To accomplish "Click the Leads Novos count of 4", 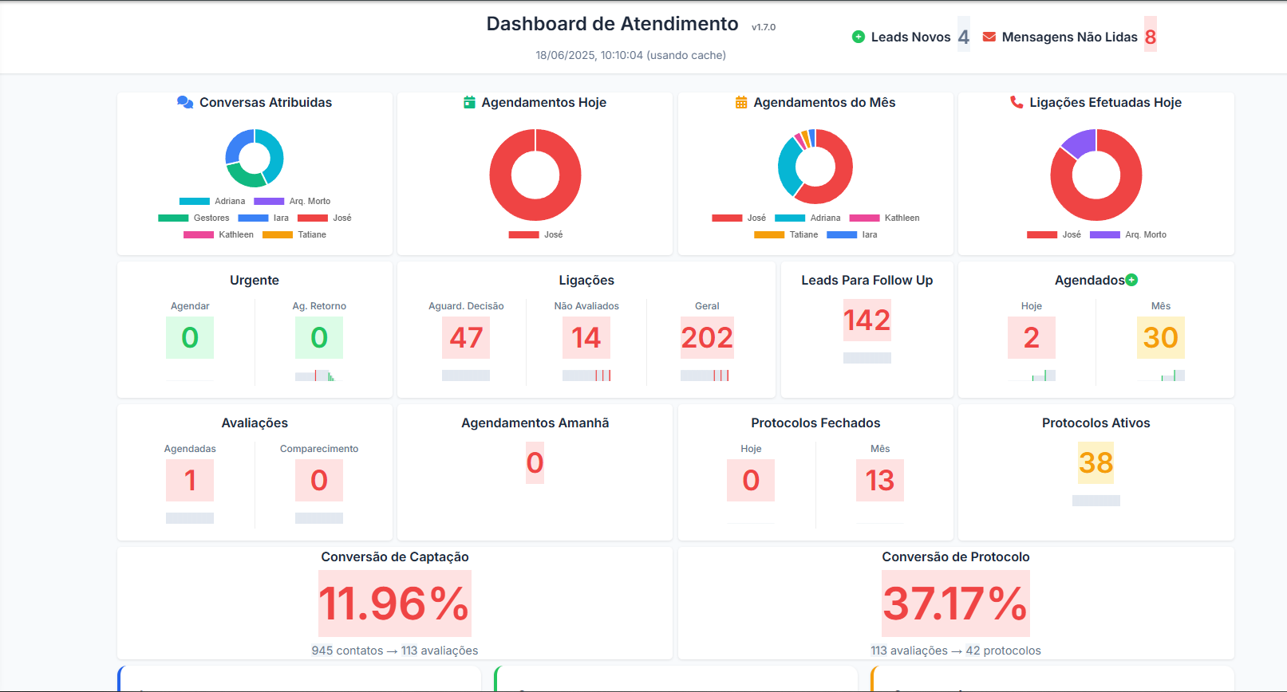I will [963, 37].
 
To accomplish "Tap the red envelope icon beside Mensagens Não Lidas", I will [989, 37].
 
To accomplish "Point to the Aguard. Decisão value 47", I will [466, 337].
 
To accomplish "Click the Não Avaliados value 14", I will [586, 337].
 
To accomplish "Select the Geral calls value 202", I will [707, 337].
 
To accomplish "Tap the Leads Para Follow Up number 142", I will [867, 320].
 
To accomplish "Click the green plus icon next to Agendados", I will [1131, 280].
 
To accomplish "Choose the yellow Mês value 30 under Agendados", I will [1160, 337].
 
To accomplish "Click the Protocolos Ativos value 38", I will [1096, 462].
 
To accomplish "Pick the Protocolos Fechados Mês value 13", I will [879, 480].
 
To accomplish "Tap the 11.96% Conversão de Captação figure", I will [395, 603].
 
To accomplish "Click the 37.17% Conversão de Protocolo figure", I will [955, 603].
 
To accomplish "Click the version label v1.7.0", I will [764, 27].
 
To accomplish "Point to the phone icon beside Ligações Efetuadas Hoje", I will [1017, 102].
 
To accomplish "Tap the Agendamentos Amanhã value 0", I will [535, 462].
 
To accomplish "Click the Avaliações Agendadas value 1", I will [190, 480].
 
